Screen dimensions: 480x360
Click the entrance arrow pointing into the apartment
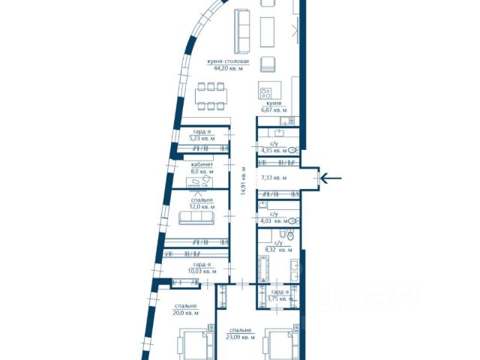(x=331, y=178)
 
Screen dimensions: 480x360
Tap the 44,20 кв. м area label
(x=228, y=68)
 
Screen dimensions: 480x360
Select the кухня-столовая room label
(x=228, y=61)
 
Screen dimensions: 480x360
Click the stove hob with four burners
(x=265, y=93)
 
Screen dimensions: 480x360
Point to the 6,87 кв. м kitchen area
(x=274, y=110)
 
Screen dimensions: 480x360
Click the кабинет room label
(x=202, y=165)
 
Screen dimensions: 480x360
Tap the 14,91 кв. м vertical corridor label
(x=243, y=181)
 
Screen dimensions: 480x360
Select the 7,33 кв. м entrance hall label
(x=274, y=178)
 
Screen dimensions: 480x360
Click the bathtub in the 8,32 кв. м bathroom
(x=264, y=269)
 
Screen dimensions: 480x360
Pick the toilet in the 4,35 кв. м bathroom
(x=293, y=150)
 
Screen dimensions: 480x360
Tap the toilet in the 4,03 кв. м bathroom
(x=293, y=220)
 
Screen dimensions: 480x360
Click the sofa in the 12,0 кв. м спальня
(x=196, y=217)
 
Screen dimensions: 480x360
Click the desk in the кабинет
(x=199, y=182)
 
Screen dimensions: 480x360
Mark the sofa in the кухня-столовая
(x=242, y=31)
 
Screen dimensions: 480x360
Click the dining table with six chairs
(x=211, y=96)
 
